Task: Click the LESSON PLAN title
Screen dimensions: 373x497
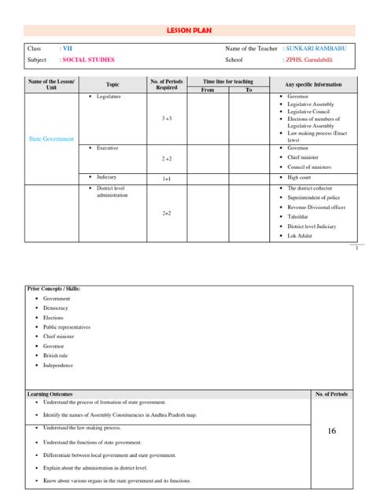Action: pos(186,28)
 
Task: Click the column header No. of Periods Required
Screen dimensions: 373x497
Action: pos(167,84)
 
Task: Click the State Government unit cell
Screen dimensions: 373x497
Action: pos(51,138)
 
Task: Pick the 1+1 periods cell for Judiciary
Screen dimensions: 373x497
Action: pos(167,179)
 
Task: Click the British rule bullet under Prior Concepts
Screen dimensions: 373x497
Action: pos(57,355)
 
